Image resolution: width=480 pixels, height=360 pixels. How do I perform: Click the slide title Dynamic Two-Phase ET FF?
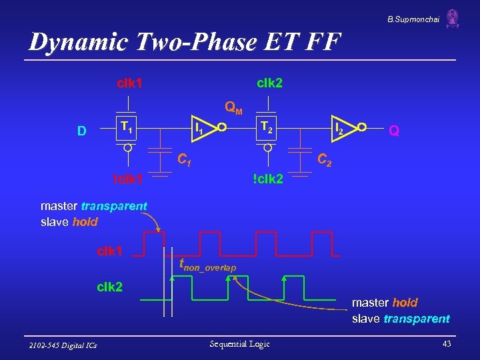pyautogui.click(x=185, y=42)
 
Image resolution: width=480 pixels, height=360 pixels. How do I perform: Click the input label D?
pyautogui.click(x=81, y=131)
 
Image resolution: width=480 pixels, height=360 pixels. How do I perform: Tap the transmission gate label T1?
pyautogui.click(x=127, y=127)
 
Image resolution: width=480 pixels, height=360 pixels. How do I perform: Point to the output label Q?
pyautogui.click(x=394, y=131)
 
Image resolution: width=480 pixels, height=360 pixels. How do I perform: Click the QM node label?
pyautogui.click(x=233, y=107)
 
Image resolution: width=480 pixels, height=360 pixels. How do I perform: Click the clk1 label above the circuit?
pyautogui.click(x=130, y=83)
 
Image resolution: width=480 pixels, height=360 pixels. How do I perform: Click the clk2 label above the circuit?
pyautogui.click(x=270, y=83)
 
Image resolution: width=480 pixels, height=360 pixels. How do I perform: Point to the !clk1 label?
pyautogui.click(x=128, y=179)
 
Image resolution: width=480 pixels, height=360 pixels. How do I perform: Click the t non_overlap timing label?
pyautogui.click(x=207, y=265)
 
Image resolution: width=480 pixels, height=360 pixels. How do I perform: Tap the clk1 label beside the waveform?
pyautogui.click(x=110, y=251)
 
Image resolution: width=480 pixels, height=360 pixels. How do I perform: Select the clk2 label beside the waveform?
pyautogui.click(x=110, y=287)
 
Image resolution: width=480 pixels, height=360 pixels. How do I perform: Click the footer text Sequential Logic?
pyautogui.click(x=239, y=344)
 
